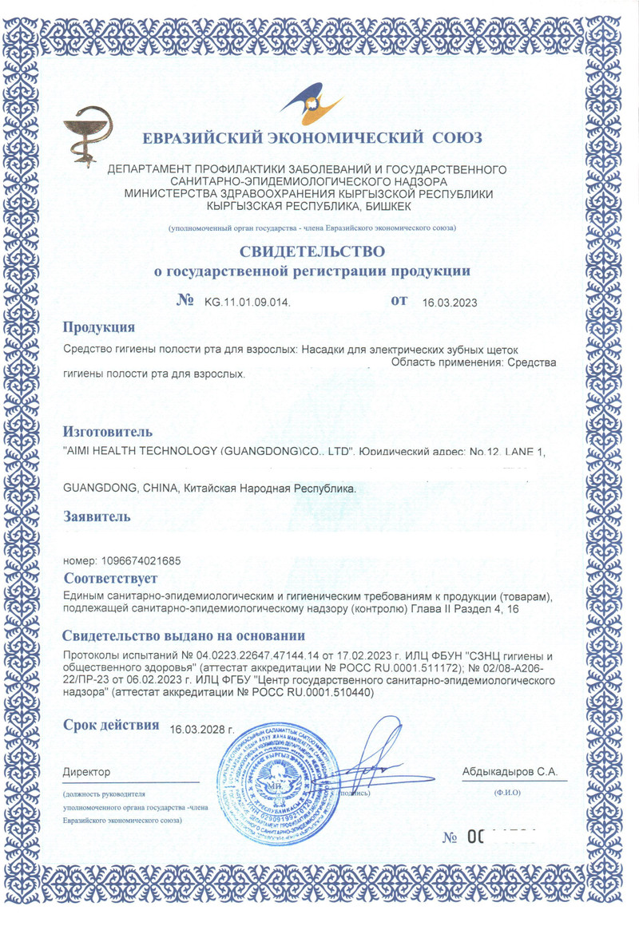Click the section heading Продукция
tap(98, 327)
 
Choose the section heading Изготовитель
tap(107, 432)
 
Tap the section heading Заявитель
tap(97, 516)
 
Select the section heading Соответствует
tap(110, 578)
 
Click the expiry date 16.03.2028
tap(202, 729)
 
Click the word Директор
tap(86, 772)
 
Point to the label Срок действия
tap(112, 725)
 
